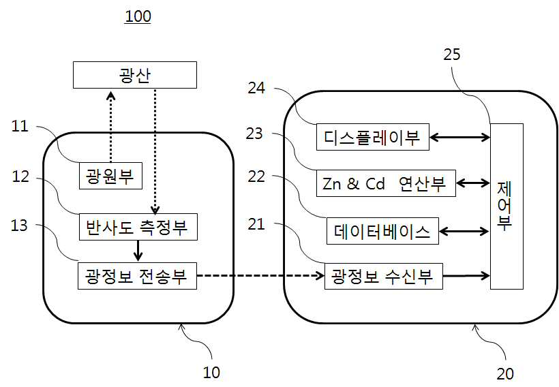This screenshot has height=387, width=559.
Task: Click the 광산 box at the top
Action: point(135,75)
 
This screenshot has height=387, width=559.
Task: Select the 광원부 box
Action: point(110,176)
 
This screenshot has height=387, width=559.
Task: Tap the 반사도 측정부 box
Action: point(138,227)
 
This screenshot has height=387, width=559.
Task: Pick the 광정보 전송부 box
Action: point(137,276)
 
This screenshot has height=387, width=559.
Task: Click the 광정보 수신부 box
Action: point(384,276)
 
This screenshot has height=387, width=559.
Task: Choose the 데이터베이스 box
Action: point(382,231)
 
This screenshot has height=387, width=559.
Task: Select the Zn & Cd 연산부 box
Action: point(386,183)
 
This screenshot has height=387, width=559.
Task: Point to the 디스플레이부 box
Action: point(373,137)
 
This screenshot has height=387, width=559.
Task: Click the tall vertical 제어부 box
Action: point(507,206)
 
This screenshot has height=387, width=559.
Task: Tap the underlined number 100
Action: point(138,16)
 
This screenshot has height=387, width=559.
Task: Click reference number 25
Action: point(452,54)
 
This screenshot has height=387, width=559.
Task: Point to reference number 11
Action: point(20,126)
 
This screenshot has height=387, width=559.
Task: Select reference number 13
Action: point(19,226)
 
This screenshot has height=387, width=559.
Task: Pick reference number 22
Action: point(256,176)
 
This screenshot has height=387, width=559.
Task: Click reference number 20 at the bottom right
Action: point(505,374)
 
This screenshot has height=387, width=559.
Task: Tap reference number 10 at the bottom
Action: point(211,373)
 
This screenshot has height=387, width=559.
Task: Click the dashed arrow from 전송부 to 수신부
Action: point(260,275)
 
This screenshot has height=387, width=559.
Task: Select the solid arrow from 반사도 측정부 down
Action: point(138,251)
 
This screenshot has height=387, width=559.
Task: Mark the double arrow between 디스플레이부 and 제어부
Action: point(460,137)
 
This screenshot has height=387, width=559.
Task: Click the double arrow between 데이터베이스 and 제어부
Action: point(464,231)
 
